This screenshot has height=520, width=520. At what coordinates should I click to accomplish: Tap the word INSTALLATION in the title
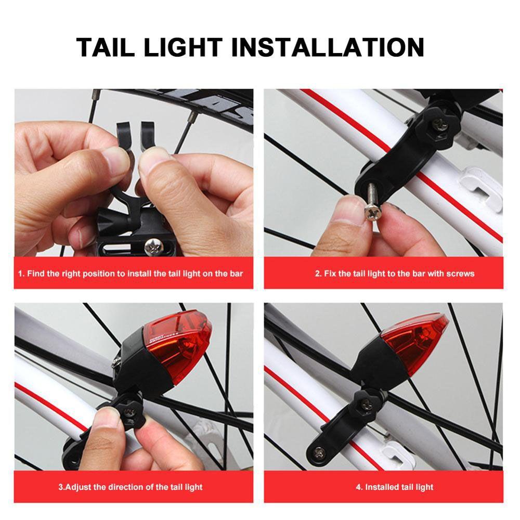(x=328, y=47)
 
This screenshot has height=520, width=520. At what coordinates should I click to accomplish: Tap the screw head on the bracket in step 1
(x=154, y=247)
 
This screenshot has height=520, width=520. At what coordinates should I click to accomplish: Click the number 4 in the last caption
(x=358, y=487)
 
